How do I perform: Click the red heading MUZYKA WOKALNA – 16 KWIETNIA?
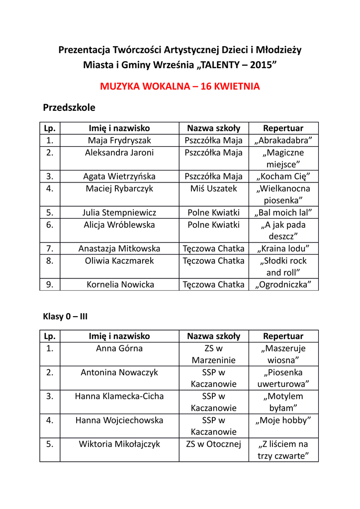(x=180, y=86)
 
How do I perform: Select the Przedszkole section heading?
(x=69, y=107)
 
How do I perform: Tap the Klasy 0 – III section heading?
(x=66, y=316)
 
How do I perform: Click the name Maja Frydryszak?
(x=119, y=141)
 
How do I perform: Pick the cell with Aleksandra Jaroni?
(x=119, y=153)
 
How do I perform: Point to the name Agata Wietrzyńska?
(x=119, y=176)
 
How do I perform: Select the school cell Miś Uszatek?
(x=214, y=188)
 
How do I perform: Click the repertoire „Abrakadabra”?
(x=283, y=141)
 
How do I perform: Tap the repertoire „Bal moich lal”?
(x=283, y=213)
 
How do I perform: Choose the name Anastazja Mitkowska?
(x=119, y=249)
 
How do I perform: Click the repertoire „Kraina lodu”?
(x=283, y=249)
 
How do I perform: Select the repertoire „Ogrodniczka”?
(x=283, y=285)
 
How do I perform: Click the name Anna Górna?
(x=119, y=348)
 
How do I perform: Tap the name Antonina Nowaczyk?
(x=119, y=372)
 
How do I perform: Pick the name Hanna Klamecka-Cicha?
(x=119, y=396)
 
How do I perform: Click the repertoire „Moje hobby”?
(x=283, y=421)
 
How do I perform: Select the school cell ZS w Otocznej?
(x=214, y=444)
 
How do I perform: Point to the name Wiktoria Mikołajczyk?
(x=119, y=444)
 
